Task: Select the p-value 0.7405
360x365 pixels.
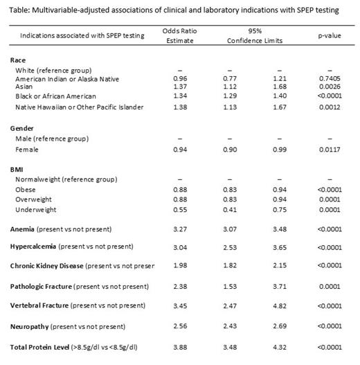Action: tap(323, 79)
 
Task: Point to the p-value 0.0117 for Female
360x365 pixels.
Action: tap(323, 149)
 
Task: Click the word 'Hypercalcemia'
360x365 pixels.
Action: tap(37, 247)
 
